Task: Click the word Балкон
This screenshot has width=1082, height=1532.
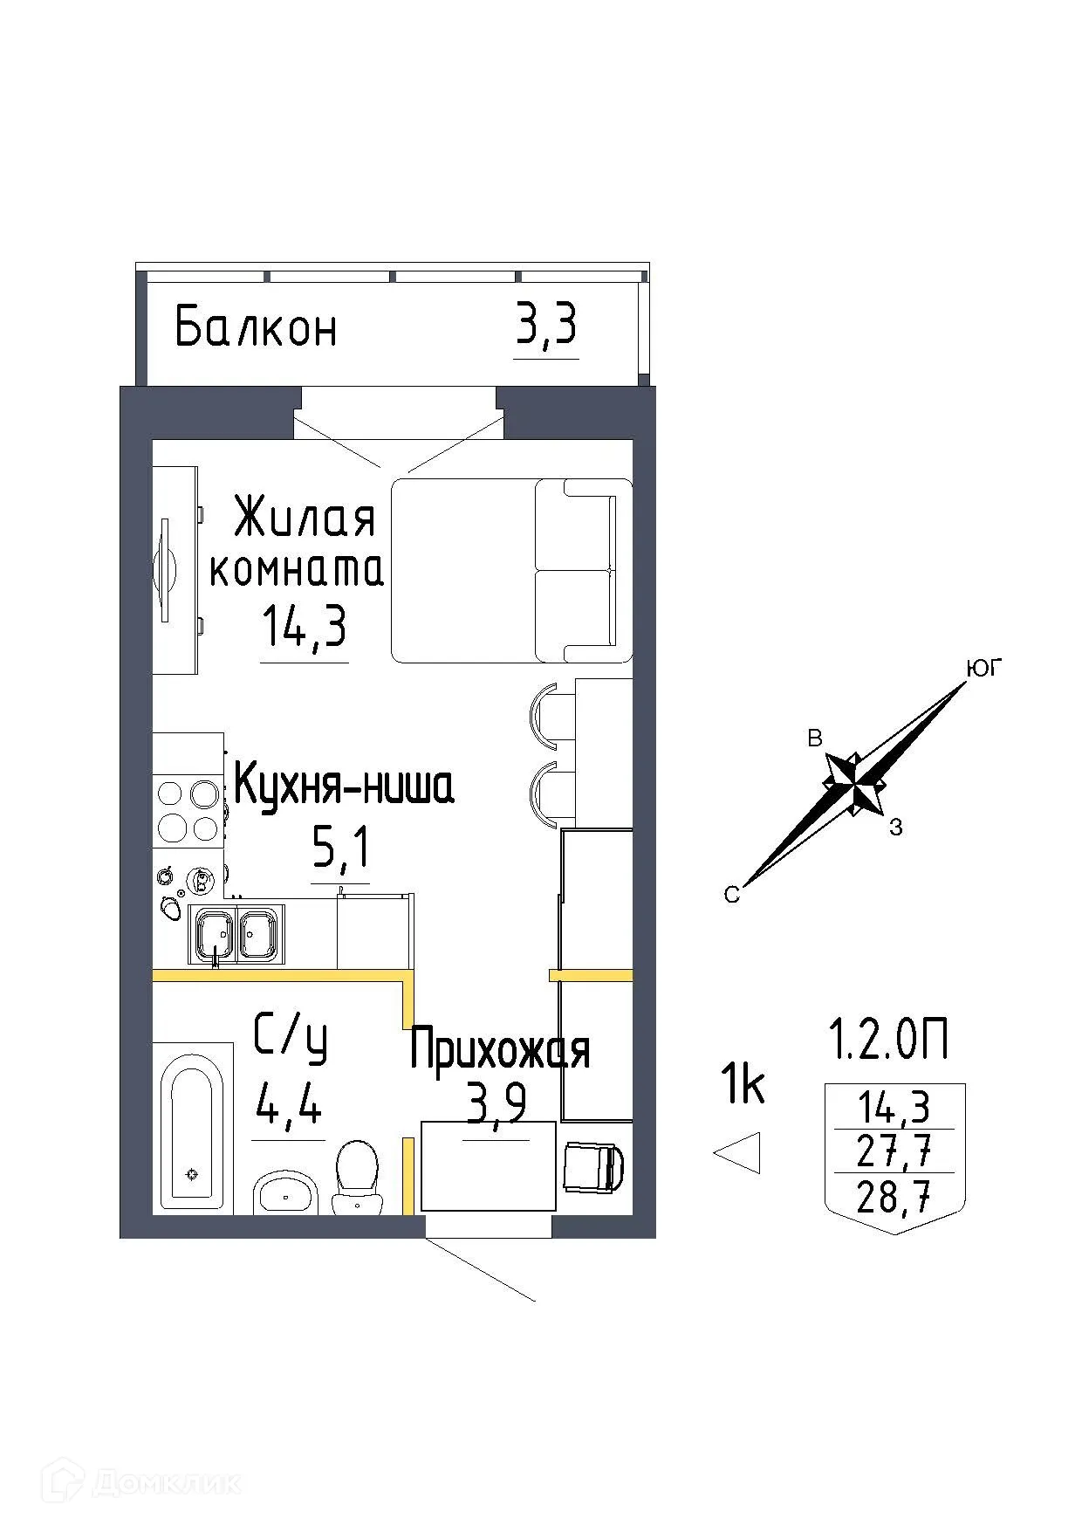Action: point(256,328)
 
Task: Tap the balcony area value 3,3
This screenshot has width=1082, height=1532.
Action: point(546,327)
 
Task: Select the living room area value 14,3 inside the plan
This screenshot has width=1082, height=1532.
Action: point(304,627)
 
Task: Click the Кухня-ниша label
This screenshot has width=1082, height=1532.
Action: point(344,786)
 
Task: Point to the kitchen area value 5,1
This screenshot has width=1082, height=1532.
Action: point(341,847)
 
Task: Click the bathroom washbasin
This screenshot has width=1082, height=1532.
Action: point(285,1193)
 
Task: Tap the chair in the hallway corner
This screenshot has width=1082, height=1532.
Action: point(594,1167)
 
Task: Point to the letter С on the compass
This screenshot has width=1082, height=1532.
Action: point(731,895)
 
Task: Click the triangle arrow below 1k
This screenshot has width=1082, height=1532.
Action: point(740,1152)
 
